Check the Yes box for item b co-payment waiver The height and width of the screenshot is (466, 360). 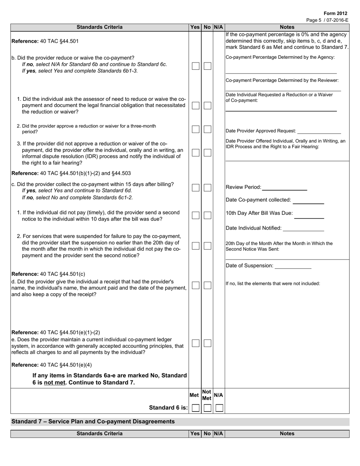195,66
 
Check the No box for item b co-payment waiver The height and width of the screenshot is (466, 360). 207,66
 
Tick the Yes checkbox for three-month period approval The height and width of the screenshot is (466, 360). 195,129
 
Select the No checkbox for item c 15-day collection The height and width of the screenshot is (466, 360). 207,188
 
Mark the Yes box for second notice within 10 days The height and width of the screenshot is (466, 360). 195,215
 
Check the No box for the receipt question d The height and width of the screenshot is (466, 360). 207,285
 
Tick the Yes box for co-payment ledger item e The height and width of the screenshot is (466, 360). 195,343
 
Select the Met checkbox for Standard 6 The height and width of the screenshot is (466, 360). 195,408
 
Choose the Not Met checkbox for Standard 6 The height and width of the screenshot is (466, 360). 207,408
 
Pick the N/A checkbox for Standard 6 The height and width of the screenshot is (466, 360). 219,408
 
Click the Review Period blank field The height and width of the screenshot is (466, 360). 284,187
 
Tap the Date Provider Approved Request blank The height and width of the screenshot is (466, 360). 319,131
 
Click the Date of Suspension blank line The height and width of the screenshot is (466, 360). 293,266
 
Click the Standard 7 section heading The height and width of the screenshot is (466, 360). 93,421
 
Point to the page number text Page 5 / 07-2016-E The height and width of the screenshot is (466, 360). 327,20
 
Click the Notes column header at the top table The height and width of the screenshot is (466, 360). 287,27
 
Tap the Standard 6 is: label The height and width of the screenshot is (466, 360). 168,408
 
